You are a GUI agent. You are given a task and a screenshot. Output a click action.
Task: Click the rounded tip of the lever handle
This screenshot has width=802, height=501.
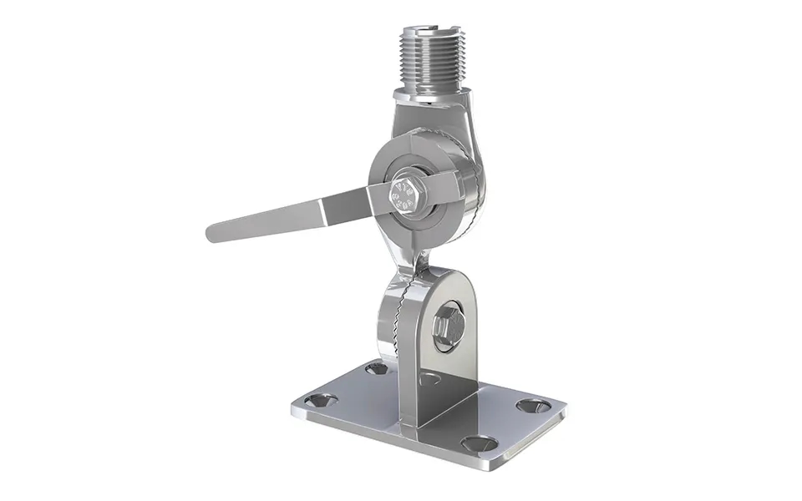coord(216,231)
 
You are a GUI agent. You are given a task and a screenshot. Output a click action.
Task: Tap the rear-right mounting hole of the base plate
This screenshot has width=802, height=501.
coord(533,406)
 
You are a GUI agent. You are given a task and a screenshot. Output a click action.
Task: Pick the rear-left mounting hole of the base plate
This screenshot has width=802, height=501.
coord(377,367)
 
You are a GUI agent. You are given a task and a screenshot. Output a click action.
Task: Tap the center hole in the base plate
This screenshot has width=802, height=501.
coord(429,379)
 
